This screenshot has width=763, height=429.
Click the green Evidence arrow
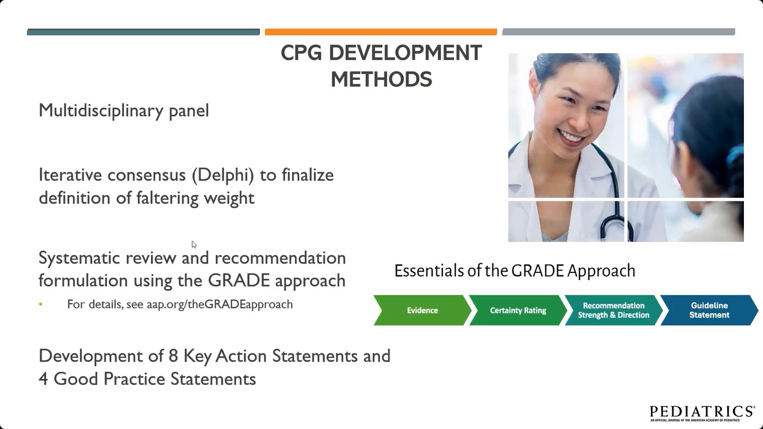[x=423, y=310]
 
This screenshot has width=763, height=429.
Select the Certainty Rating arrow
[x=518, y=310]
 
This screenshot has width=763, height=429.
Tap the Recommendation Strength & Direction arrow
[x=614, y=310]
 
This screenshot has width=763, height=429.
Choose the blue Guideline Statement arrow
[x=709, y=310]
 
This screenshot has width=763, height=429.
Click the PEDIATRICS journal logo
[x=702, y=413]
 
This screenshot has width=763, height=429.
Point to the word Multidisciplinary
[x=101, y=111]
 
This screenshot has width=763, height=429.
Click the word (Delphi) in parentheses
[x=223, y=175]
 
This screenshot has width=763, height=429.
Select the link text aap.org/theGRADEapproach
[x=220, y=304]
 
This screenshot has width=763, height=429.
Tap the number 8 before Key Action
[x=173, y=356]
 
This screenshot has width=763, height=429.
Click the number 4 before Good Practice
[x=44, y=379]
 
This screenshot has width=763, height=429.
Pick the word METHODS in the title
[x=381, y=79]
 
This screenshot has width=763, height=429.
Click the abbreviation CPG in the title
[x=301, y=53]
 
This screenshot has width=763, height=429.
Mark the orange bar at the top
[x=381, y=32]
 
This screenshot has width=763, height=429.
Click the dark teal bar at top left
[x=144, y=32]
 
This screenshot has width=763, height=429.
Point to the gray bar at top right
[x=619, y=32]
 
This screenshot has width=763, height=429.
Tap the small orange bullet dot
[x=41, y=304]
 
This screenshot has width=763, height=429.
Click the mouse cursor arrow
[x=194, y=244]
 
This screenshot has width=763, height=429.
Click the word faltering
[x=168, y=198]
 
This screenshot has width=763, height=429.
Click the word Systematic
[x=79, y=259]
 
